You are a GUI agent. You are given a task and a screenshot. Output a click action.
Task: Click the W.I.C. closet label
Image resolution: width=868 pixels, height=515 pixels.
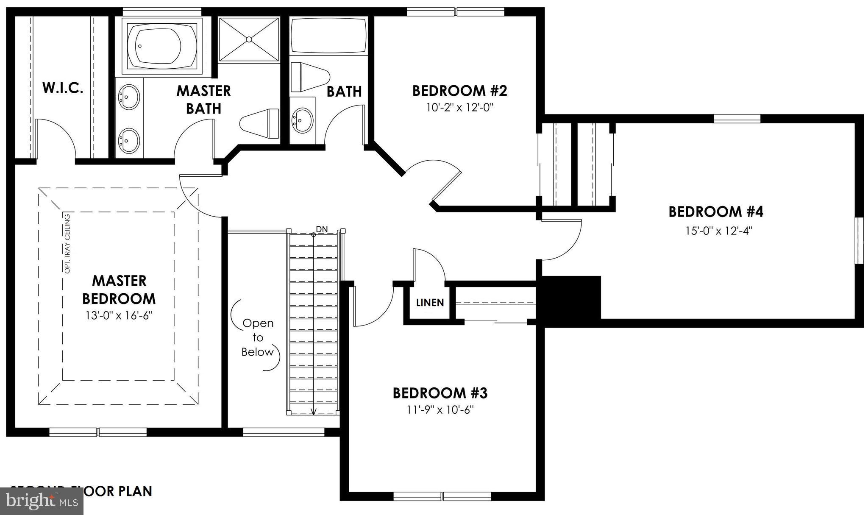pos(63,88)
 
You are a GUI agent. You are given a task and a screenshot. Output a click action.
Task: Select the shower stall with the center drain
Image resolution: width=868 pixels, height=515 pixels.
pos(249,39)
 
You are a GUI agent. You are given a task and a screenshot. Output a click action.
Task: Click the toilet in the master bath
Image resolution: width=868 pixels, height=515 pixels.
pos(259,123)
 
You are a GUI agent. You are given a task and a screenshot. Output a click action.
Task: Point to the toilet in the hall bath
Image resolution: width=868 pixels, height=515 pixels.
pos(310,77)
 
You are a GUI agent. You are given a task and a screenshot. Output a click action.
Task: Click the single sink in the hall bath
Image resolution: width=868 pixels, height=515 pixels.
pos(303,120)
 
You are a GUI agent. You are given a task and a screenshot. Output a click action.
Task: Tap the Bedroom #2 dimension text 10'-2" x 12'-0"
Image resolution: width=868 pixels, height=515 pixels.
pos(460,107)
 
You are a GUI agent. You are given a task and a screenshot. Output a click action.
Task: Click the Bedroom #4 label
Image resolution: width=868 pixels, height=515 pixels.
pos(716,212)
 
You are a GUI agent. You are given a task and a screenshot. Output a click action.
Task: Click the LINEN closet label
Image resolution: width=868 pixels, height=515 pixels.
pos(430,303)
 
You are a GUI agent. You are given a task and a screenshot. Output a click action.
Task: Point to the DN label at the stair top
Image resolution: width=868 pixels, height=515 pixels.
pos(322,229)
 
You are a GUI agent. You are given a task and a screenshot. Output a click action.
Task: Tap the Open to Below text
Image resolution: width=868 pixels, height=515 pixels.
pos(258,337)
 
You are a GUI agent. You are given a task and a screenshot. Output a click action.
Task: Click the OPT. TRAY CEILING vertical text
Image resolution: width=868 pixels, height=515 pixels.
pos(67,243)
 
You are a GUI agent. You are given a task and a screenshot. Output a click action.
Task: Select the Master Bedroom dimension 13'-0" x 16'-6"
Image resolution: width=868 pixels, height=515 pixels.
pos(119,316)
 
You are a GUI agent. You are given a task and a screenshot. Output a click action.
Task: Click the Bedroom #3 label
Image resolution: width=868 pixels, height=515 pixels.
pos(440,393)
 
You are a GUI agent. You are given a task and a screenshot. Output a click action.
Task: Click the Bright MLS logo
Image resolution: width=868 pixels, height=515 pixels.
pos(42,501)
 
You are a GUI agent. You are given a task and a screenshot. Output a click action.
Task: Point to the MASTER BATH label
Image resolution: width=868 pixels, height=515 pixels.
pos(203,100)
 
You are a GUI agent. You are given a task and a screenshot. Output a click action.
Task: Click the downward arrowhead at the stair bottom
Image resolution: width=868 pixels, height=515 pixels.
pos(314,411)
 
